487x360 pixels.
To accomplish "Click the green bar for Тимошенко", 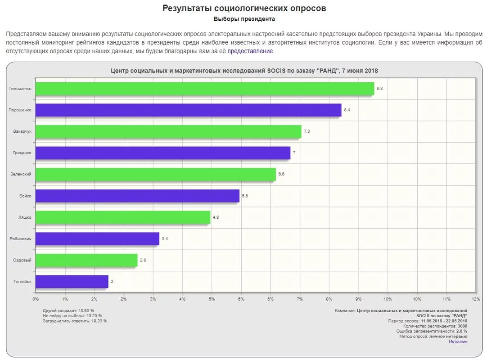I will point(204,89).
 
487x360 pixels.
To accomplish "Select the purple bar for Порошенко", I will point(188,110).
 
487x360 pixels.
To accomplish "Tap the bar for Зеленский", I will point(155,174).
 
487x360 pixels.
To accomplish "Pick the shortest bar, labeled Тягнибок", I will point(72,282).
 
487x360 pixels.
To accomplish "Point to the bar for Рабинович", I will point(97,238).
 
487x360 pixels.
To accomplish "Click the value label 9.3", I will point(379,89).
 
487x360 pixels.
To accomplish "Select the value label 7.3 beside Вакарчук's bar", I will point(307,131).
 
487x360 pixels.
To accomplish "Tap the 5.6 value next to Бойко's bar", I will point(245,196).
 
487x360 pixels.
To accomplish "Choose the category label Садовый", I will point(23,260).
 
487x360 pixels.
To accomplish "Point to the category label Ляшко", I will point(25,217).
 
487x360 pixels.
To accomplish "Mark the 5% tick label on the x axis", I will point(212,299).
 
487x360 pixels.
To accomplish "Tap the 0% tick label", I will point(36,299).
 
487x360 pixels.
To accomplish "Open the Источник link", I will point(458,342).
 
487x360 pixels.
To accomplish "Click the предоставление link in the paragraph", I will point(250,51).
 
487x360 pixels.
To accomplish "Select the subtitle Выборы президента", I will point(244,19).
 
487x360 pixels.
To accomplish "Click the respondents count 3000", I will point(462,326).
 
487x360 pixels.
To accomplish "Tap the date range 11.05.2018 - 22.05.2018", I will point(444,321).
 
